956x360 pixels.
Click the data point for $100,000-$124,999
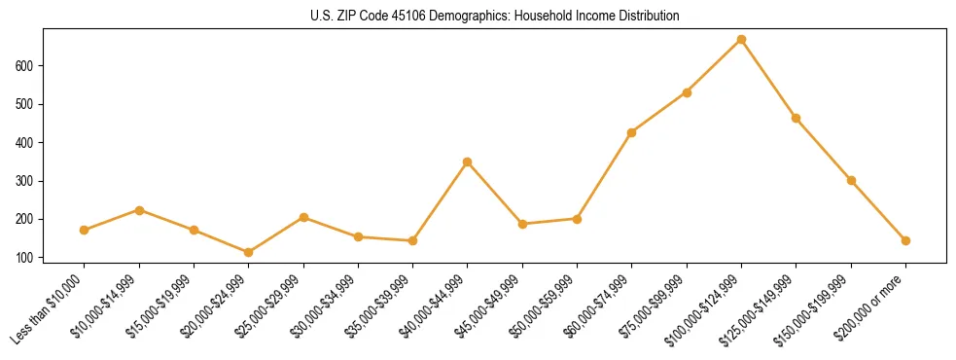pos(741,40)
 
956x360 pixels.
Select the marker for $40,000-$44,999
pos(468,162)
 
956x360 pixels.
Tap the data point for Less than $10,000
pos(85,231)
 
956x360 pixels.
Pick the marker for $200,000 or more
pos(905,240)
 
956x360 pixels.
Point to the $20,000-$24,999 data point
pos(249,253)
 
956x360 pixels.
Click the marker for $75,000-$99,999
pos(687,92)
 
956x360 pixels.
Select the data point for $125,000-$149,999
pos(796,119)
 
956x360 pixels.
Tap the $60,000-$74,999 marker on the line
pos(632,132)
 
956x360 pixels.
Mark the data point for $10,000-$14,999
pos(139,210)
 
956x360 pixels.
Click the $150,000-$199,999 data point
pos(851,180)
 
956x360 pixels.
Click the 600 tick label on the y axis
pos(27,66)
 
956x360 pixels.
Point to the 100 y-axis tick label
pos(27,258)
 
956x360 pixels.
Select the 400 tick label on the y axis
pos(27,143)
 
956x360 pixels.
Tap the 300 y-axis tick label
pos(27,181)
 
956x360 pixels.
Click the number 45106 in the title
pos(399,17)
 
